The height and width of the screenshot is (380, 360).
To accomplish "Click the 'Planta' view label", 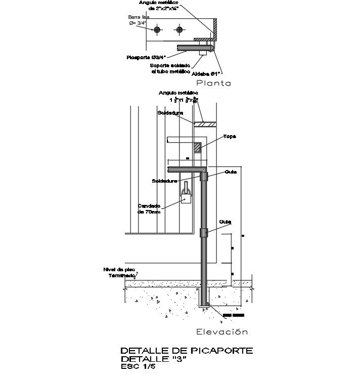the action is (x=213, y=83).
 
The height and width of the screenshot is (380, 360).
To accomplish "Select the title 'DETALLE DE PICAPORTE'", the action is (x=186, y=351).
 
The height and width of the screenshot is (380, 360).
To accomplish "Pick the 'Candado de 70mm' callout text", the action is (x=149, y=209).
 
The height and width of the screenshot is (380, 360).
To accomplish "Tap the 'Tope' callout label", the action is (x=230, y=137).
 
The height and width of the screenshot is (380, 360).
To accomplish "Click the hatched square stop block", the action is (x=197, y=148).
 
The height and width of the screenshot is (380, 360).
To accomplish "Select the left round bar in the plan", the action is (x=158, y=30).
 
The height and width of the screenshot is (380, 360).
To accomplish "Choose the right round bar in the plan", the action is (x=178, y=30).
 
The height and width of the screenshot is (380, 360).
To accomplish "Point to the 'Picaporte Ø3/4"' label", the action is (x=146, y=57).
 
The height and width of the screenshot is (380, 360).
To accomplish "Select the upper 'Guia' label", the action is (x=231, y=172).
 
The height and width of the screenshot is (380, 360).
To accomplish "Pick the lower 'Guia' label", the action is (x=225, y=222).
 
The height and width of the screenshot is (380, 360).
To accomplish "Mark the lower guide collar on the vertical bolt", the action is (x=204, y=233).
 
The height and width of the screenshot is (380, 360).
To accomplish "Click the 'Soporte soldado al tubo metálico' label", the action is (x=170, y=69).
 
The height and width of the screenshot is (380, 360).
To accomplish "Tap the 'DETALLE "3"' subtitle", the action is (x=154, y=359).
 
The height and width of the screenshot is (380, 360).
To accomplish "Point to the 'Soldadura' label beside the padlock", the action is (x=164, y=181).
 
